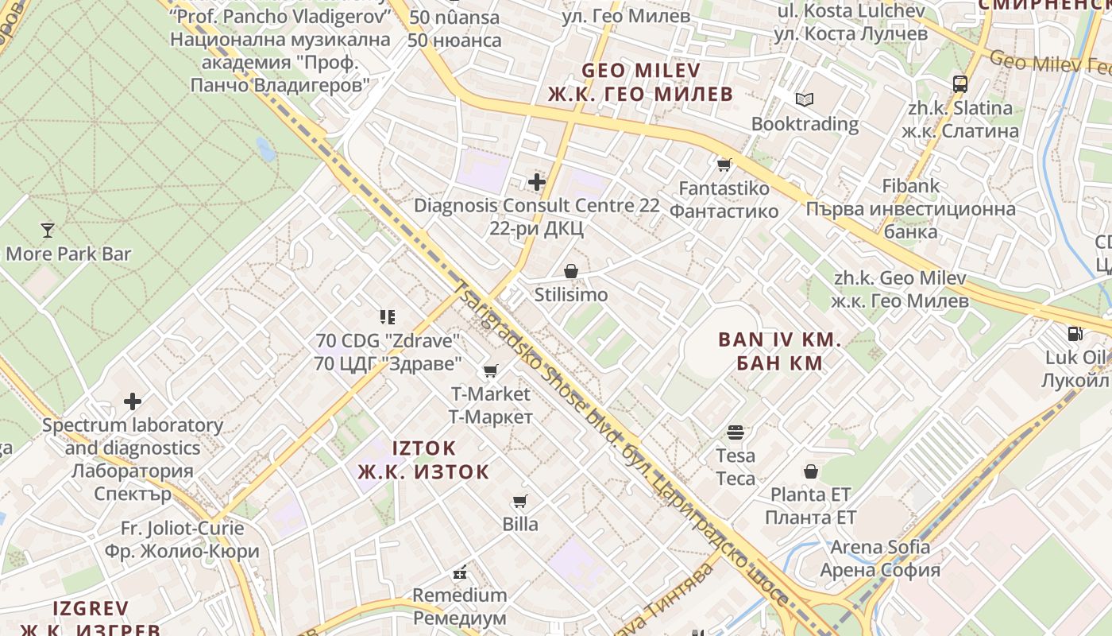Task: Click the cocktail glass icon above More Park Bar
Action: coord(48,231)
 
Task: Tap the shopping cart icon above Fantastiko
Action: coord(724,165)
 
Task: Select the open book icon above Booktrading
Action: coord(805,99)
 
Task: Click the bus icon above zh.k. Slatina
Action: coord(960,83)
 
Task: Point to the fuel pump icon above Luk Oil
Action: coord(1075,334)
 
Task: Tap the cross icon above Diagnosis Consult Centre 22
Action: coord(537,182)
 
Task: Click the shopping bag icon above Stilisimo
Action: coord(570,272)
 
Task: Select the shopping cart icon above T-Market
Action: coord(491,370)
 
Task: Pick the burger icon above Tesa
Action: coord(736,432)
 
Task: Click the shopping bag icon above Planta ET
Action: coord(811,471)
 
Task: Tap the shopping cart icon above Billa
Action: coord(520,501)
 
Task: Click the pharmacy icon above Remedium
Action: coord(459,572)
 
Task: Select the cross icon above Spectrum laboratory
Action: coord(133,401)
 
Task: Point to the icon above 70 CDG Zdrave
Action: coord(388,318)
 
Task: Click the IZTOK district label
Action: coord(424,448)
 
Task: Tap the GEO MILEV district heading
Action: coord(641,70)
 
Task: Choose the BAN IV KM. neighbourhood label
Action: coord(779,340)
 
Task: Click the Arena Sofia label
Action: coord(880,547)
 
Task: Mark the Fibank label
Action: coord(910,186)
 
